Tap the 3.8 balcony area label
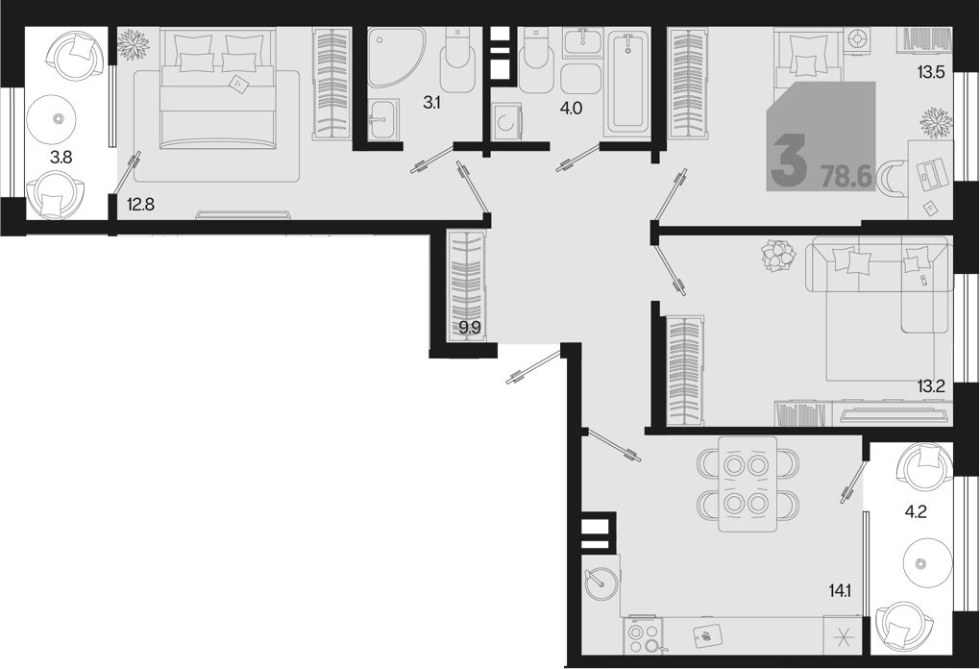pos(61,158)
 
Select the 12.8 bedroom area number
pos(140,204)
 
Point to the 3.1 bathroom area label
pos(431,103)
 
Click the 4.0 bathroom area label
pos(572,109)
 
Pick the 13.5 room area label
pos(930,72)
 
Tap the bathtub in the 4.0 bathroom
pos(627,83)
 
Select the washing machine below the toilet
pos(505,125)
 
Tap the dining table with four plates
pos(747,484)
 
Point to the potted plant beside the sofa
pos(779,256)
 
